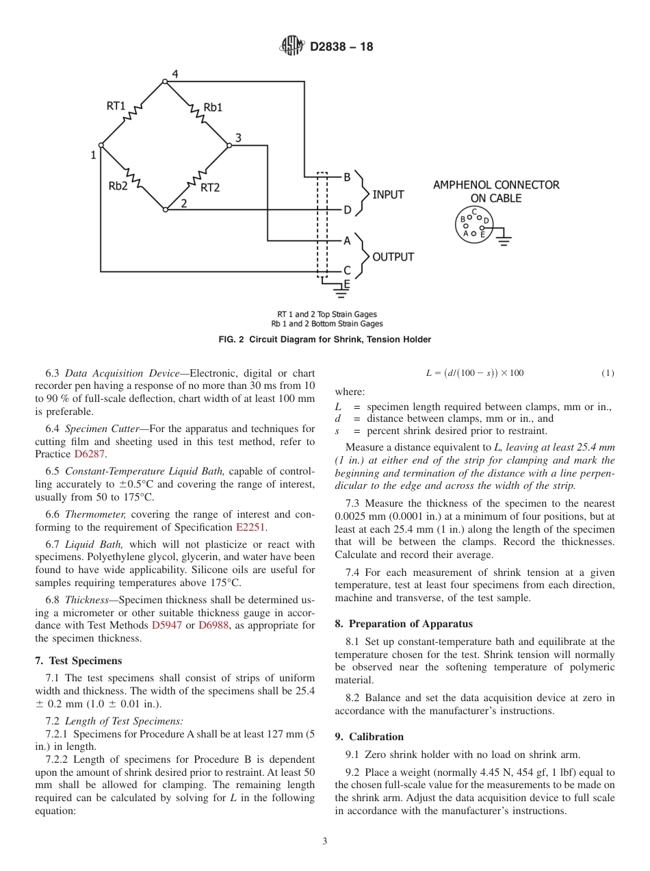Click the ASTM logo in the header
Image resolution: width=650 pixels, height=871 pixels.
[x=292, y=47]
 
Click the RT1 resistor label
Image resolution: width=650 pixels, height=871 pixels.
[x=116, y=106]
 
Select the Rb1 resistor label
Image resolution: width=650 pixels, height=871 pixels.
[x=213, y=107]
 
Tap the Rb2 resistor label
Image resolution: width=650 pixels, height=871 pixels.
[x=118, y=186]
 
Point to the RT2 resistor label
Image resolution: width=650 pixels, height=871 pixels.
[x=209, y=187]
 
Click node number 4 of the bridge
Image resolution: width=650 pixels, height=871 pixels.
[x=175, y=74]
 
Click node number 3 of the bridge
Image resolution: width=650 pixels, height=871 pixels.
[x=238, y=138]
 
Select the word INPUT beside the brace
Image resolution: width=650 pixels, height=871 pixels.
[x=388, y=194]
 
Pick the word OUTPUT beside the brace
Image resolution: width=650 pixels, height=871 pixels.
[x=393, y=257]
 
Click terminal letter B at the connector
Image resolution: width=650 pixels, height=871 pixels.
[x=347, y=177]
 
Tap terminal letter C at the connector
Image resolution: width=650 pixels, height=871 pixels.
[x=347, y=271]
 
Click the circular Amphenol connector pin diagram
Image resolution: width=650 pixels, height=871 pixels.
[x=473, y=225]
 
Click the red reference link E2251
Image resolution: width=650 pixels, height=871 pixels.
[x=252, y=527]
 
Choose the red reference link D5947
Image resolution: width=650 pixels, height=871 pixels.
[x=167, y=625]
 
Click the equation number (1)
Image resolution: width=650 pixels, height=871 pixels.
[x=608, y=373]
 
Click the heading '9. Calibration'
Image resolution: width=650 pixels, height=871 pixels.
[x=369, y=737]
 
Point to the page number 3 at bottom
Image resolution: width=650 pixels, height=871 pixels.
[x=325, y=842]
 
